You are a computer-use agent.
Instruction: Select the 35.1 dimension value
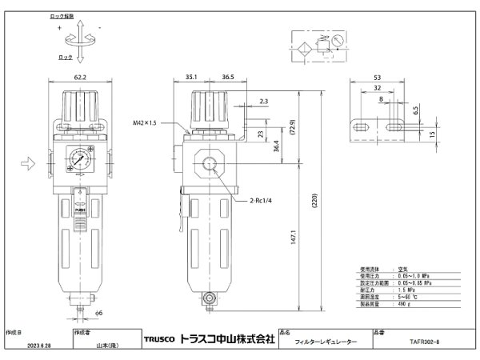pyautogui.click(x=190, y=78)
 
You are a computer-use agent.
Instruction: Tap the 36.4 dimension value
pyautogui.click(x=275, y=148)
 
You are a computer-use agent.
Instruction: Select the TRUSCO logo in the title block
pyautogui.click(x=157, y=339)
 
